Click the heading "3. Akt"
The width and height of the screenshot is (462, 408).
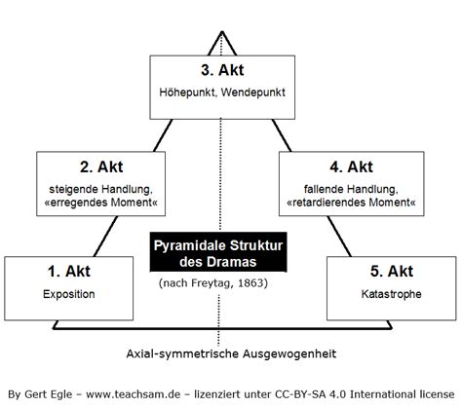coord(222,70)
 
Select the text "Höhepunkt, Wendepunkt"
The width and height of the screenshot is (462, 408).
coord(222,93)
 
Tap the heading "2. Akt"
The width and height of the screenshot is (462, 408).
coord(101,167)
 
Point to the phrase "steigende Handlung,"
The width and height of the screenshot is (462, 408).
coord(100,189)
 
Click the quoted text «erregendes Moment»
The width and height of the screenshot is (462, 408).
coord(101,203)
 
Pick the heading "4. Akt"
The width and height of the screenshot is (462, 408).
coord(351,167)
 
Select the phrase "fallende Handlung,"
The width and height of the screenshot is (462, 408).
coord(351,189)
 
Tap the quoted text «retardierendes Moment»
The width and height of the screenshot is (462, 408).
coord(351,203)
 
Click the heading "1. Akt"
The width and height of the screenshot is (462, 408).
coord(69,272)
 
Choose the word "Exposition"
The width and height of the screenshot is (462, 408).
coord(69,294)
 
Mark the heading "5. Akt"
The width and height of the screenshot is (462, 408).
coord(392,272)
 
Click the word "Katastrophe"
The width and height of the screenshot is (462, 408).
coord(392,294)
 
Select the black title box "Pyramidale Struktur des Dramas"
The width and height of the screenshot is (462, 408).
coord(218,252)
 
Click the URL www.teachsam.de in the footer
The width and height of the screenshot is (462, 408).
coord(134,394)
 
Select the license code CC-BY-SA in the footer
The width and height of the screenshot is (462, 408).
coord(300,394)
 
